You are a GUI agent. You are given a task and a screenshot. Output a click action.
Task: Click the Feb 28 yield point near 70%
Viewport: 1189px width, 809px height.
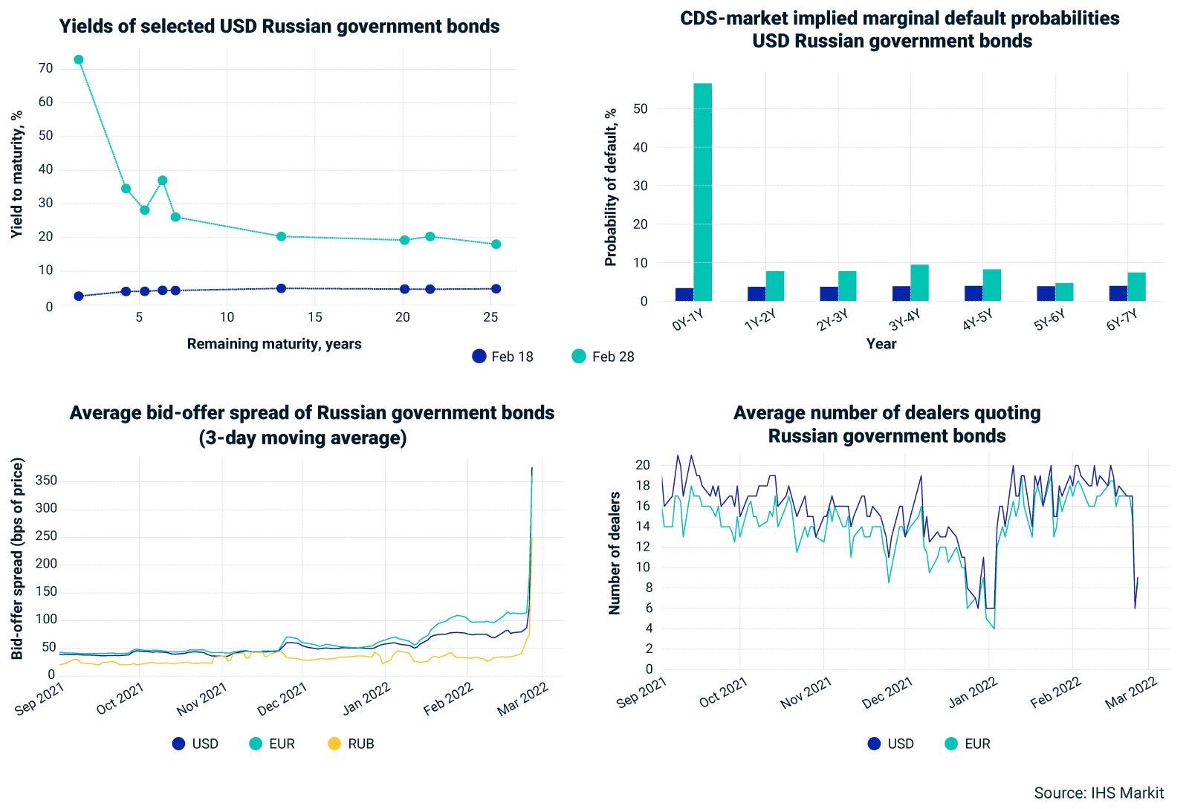point(79,59)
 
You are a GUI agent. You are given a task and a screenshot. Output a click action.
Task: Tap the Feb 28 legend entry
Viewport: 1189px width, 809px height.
point(603,357)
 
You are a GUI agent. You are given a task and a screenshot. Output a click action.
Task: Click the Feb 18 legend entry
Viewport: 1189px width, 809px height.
point(503,357)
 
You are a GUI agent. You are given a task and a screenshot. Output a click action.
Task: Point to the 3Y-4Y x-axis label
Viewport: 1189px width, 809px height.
point(904,320)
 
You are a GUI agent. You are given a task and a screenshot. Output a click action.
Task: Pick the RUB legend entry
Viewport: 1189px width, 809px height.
point(351,744)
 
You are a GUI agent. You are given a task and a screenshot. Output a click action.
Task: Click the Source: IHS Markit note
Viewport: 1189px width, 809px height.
point(1098,793)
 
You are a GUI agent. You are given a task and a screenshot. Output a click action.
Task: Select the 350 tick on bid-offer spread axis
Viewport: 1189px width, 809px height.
point(46,481)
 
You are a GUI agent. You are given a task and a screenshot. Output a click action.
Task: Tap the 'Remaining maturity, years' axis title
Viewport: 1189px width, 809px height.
point(274,344)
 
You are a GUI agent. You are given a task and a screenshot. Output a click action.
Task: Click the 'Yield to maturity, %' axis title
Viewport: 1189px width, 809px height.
point(17,175)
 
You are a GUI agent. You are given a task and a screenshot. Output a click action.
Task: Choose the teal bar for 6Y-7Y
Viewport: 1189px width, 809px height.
point(1136,287)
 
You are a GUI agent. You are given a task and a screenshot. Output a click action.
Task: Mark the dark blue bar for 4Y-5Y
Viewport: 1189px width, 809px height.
point(973,293)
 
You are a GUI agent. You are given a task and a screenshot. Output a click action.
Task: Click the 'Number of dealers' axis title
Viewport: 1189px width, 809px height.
point(615,553)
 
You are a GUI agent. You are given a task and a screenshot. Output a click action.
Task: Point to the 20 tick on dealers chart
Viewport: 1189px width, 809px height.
point(643,465)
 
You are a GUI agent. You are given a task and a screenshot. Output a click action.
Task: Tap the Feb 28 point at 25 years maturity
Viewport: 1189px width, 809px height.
point(496,244)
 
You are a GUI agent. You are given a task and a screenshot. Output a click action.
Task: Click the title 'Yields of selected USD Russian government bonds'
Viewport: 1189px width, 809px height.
point(279,27)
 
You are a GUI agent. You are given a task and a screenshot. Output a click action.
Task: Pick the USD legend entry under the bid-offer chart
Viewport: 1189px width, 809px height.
point(195,744)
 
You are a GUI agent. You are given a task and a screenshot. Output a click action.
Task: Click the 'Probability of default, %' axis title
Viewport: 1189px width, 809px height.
point(611,187)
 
